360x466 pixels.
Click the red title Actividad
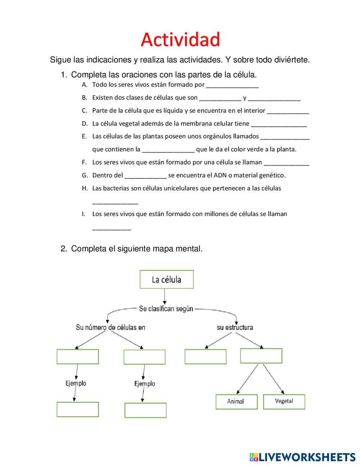point(180,39)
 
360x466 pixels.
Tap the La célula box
point(166,279)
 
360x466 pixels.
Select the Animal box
point(236,402)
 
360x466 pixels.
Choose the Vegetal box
point(284,401)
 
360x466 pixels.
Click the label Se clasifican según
point(166,309)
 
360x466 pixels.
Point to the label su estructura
point(235,327)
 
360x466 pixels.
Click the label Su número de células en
point(111,327)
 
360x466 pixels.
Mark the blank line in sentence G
point(145,177)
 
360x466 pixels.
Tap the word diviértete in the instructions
point(291,60)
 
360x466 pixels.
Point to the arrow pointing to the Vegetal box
point(274,378)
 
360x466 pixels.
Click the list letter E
point(84,136)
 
